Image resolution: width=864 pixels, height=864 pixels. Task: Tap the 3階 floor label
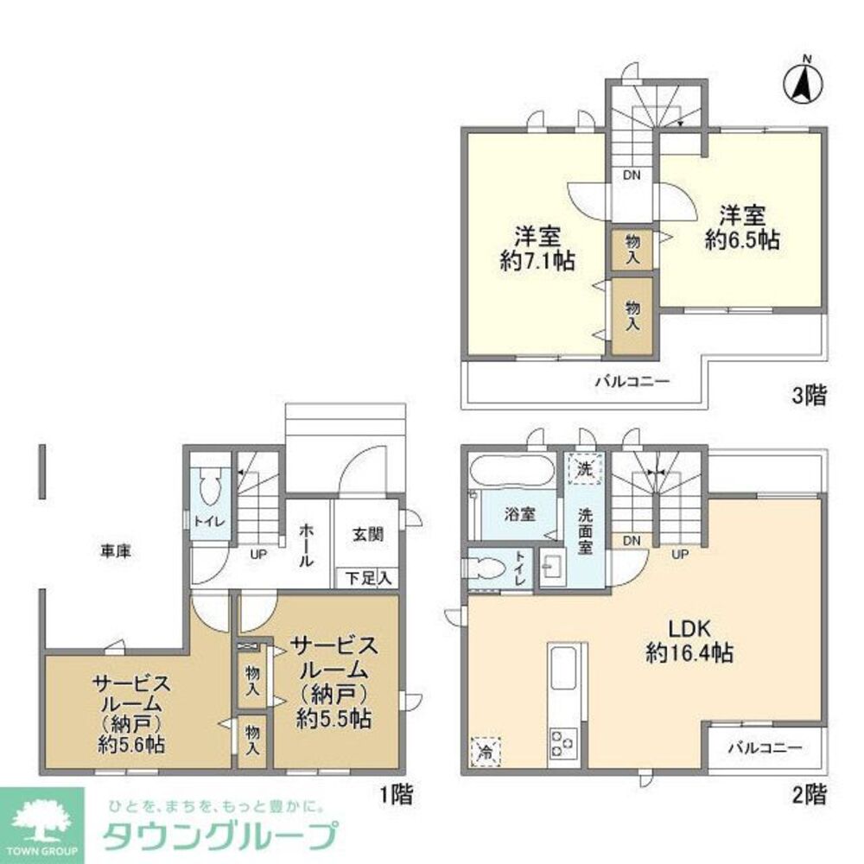coord(809,396)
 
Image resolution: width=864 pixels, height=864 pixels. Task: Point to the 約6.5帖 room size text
coord(742,240)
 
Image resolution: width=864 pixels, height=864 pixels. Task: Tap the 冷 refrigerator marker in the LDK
coord(486,750)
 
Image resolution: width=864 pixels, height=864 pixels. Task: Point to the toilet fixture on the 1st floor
coord(208,490)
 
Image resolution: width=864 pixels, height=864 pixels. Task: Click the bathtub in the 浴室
coord(512,472)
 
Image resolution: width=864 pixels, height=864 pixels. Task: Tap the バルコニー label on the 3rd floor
coord(632,381)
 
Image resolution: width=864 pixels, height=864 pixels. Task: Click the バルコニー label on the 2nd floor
coord(764,746)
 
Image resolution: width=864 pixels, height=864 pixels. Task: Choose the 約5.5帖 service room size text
coord(334,717)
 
